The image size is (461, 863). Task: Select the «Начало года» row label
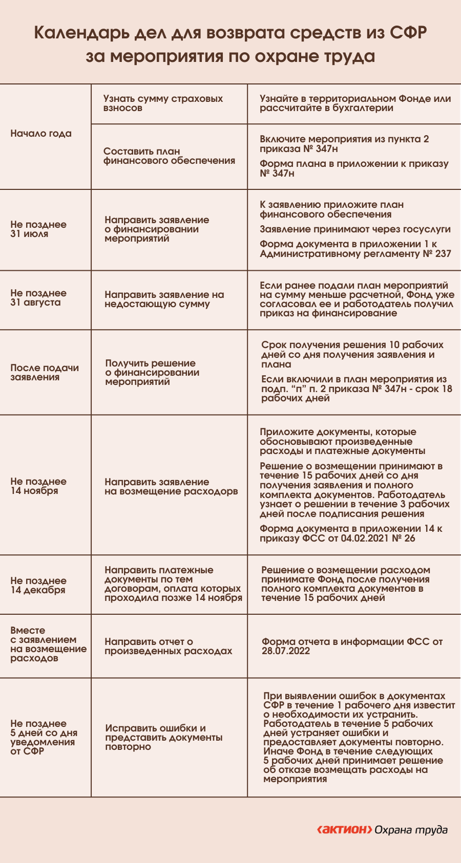(41, 134)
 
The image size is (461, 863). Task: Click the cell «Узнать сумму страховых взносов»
(163, 103)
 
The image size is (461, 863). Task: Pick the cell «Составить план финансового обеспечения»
(169, 156)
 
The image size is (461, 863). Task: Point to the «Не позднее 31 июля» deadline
(38, 229)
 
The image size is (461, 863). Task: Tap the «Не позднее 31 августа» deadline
(38, 298)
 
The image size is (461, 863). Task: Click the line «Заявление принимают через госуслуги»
(355, 229)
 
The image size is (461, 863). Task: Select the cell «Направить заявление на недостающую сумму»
(164, 299)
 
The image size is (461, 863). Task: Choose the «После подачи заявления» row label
(45, 373)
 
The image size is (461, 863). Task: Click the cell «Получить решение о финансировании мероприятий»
(152, 373)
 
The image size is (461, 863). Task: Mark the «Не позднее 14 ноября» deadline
(38, 486)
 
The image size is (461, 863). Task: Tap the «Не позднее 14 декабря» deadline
(38, 586)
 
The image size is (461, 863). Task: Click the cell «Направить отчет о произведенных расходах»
(168, 646)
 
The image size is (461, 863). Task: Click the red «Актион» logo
(344, 830)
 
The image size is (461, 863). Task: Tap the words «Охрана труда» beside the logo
(411, 830)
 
